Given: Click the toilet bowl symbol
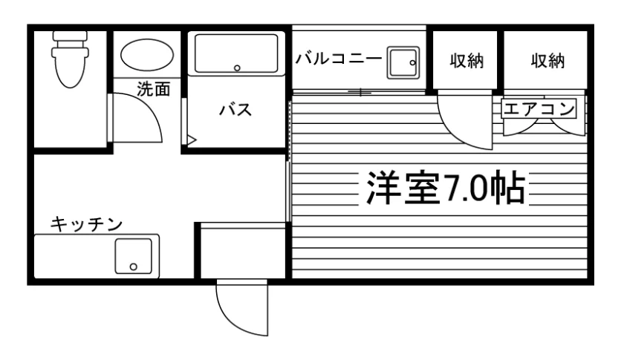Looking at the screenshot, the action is (x=70, y=68).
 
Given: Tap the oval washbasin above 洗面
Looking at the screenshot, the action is (x=147, y=55).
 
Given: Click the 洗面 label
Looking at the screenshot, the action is (x=154, y=89).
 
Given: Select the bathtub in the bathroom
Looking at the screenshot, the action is (x=236, y=53).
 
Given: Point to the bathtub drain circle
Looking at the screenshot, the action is (x=237, y=68).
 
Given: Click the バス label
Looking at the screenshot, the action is (x=235, y=109).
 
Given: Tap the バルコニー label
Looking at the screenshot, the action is (x=338, y=59).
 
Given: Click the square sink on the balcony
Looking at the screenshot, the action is (x=403, y=62).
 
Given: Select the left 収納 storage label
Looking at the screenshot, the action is (x=467, y=61).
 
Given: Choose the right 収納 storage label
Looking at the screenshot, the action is (x=547, y=61).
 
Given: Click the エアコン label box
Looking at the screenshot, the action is (x=539, y=108).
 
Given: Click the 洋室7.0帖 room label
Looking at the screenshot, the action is (x=446, y=188).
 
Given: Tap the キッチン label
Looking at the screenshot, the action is (x=86, y=224).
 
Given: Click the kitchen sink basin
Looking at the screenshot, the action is (x=133, y=256).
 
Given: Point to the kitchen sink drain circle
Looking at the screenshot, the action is (x=133, y=267).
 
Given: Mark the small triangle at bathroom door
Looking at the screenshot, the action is (x=192, y=140).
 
